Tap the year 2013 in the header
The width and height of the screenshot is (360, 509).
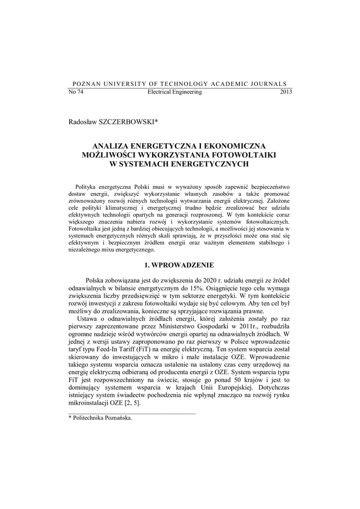286,92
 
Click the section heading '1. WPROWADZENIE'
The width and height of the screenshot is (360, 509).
180,265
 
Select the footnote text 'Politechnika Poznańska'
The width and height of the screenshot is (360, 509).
102,419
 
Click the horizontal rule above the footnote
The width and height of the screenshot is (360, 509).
131,413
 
